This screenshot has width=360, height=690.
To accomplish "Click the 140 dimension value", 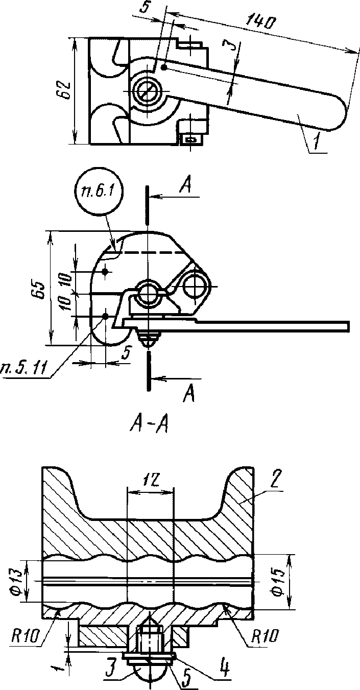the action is [x=259, y=22].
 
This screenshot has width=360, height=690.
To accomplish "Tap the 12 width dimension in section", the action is [x=151, y=480].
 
